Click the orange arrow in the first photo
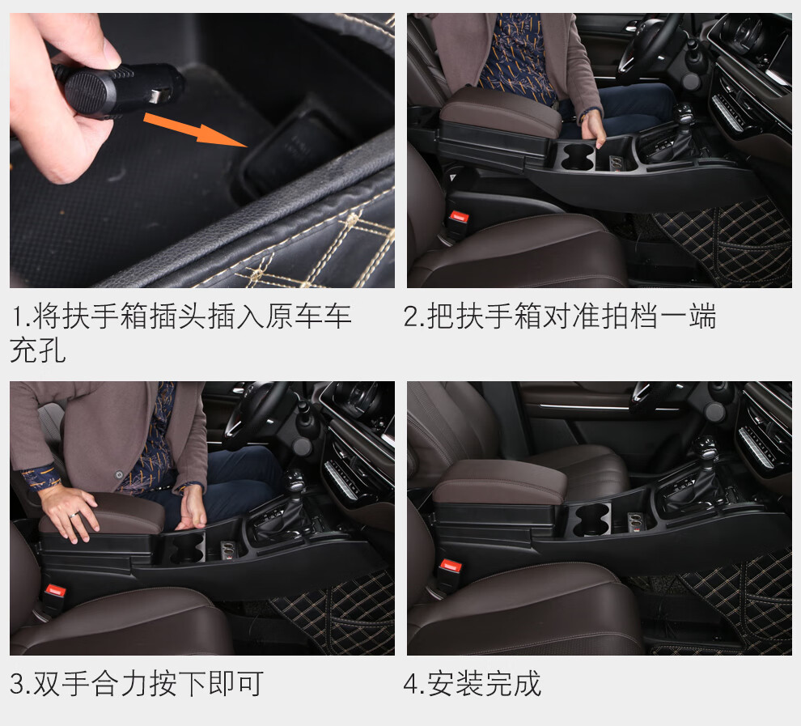click(x=196, y=129)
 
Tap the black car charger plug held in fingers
click(x=118, y=89)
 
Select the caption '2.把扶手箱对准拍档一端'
click(x=559, y=316)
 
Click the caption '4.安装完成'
click(x=472, y=684)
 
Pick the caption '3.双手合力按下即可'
click(x=137, y=684)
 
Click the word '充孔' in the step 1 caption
click(x=38, y=350)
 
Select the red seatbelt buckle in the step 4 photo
click(x=451, y=566)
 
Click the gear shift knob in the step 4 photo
click(x=707, y=448)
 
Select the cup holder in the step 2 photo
click(x=577, y=156)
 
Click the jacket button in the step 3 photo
click(x=119, y=474)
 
